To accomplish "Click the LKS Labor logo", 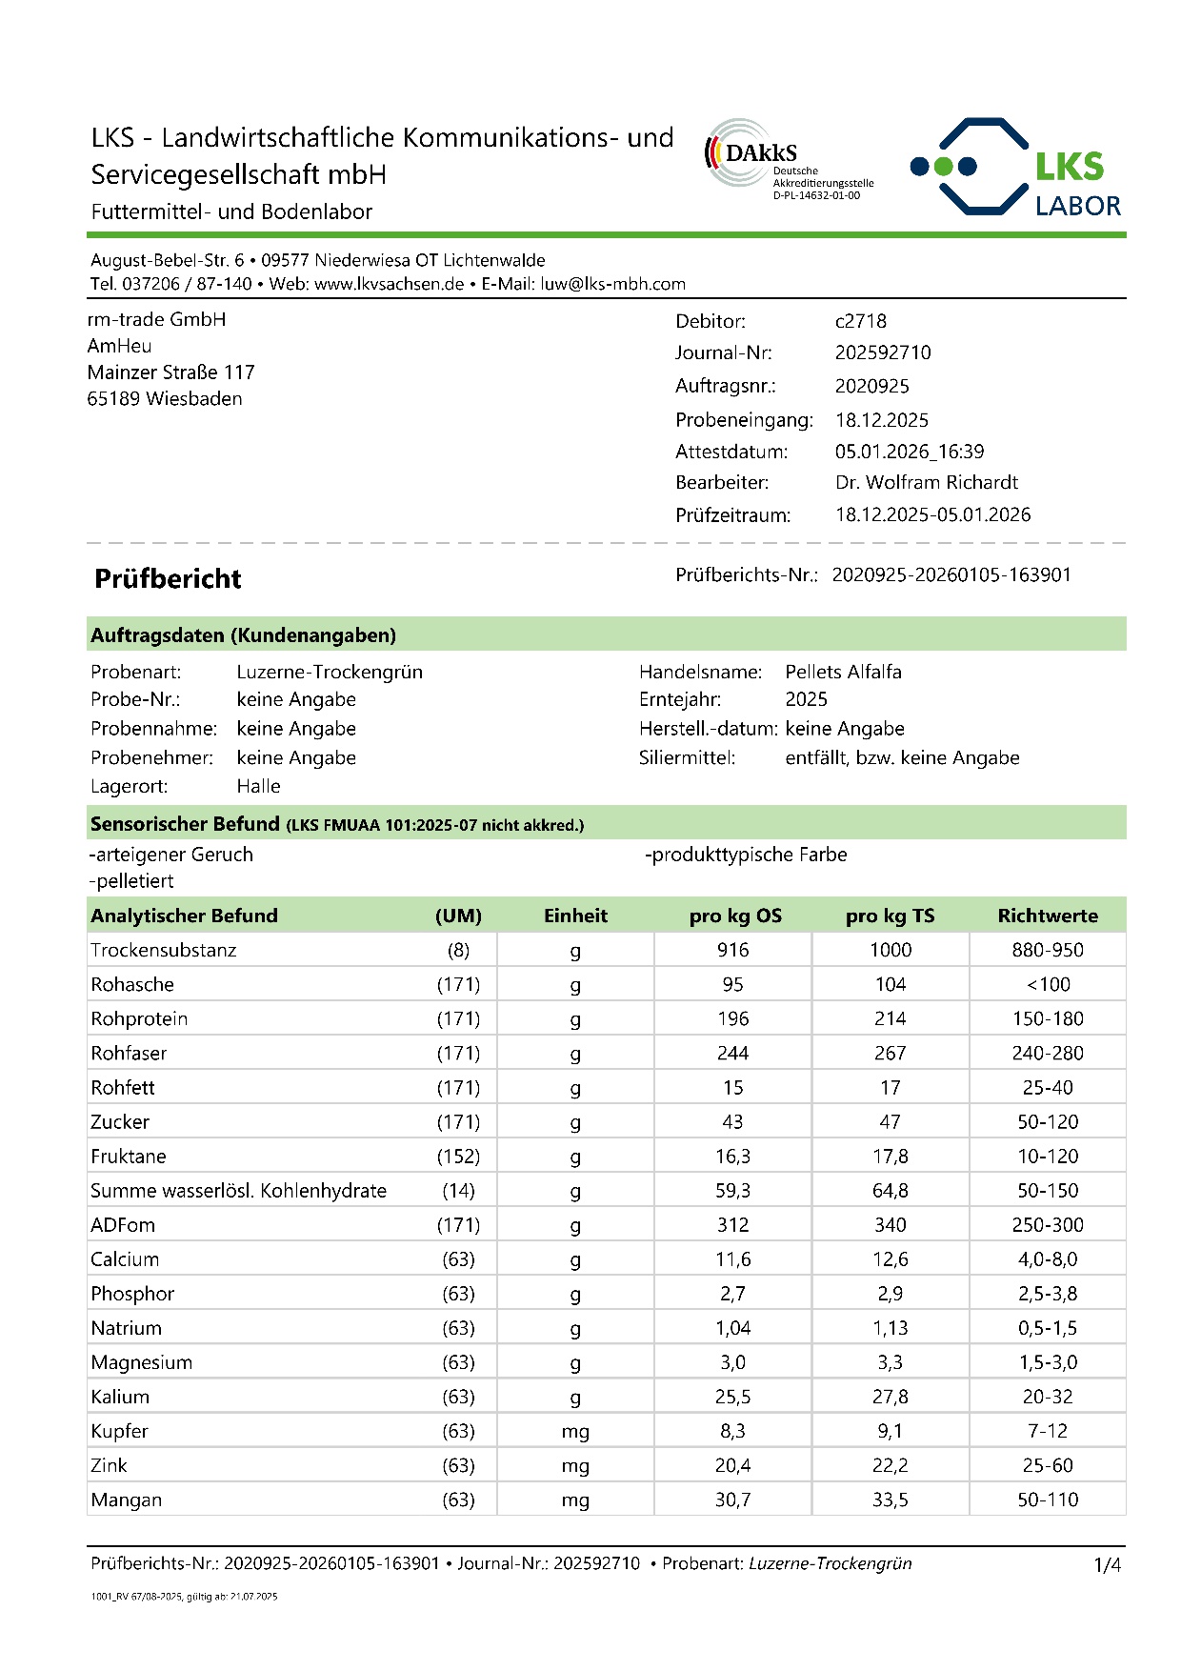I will pos(1016,168).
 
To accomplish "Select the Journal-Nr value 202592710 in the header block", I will pos(883,352).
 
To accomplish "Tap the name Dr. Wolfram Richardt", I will pos(927,482).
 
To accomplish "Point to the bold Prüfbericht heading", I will pos(168,579).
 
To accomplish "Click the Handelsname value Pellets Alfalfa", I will pos(843,672).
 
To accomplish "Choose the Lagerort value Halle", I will pos(258,786).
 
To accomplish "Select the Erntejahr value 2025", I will pos(806,699).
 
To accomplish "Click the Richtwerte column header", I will pos(1048,916).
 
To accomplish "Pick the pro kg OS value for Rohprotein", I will pos(732,1018).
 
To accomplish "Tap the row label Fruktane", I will pos(129,1156).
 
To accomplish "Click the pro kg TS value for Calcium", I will pos(891,1259).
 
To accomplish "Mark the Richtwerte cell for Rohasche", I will pos(1048,984).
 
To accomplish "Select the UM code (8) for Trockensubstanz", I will pos(458,950).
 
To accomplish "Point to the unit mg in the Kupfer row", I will pos(575,1431).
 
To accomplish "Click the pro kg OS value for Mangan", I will pos(732,1500).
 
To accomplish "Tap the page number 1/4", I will pos(1107,1564).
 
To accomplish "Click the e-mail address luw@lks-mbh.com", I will pos(612,284).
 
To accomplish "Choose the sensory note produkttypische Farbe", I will pos(748,855).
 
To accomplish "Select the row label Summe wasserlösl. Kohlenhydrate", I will pos(238,1190).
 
